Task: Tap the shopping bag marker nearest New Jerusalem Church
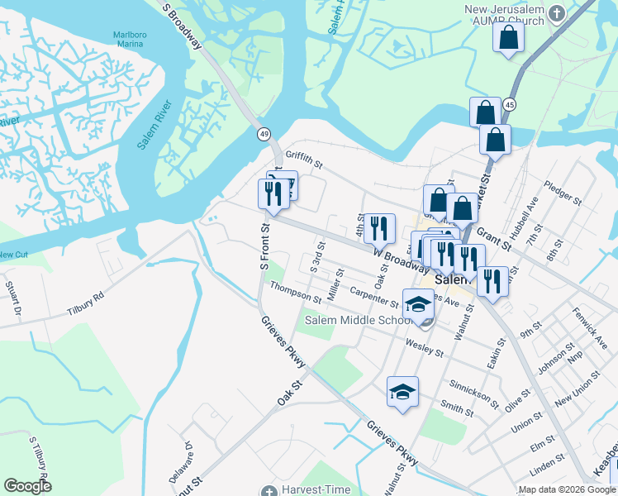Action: click(x=508, y=37)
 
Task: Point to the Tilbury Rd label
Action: click(x=86, y=297)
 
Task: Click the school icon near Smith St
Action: click(x=402, y=391)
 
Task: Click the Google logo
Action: click(x=27, y=486)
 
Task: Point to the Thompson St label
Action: click(x=294, y=292)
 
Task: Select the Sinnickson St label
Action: click(x=473, y=394)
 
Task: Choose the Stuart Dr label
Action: click(x=13, y=298)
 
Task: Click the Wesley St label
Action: click(x=425, y=347)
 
